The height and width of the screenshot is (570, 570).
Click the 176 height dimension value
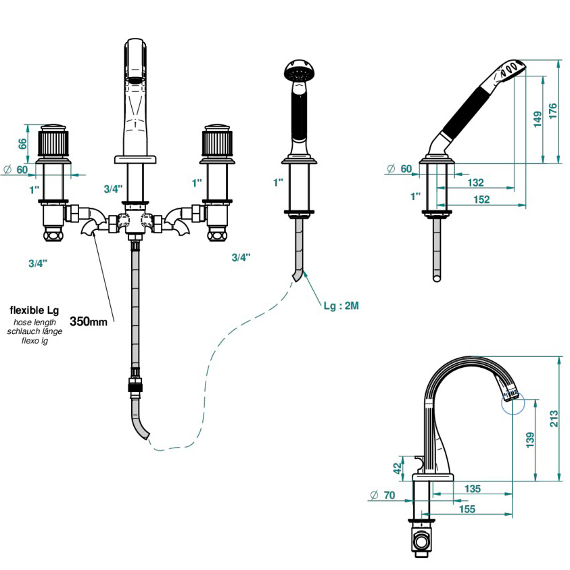[x=553, y=111]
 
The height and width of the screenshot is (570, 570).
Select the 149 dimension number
[x=538, y=119]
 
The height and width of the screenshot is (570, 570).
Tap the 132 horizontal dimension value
[x=475, y=183]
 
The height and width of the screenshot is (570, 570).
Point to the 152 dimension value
[x=481, y=199]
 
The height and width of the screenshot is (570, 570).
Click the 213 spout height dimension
[x=554, y=419]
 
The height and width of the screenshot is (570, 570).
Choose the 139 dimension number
[x=530, y=440]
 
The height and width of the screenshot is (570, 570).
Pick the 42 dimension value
[x=398, y=468]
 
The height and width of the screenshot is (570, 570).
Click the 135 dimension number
[x=473, y=489]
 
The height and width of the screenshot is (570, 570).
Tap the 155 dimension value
[x=467, y=509]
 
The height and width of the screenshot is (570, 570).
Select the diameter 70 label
[x=383, y=495]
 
